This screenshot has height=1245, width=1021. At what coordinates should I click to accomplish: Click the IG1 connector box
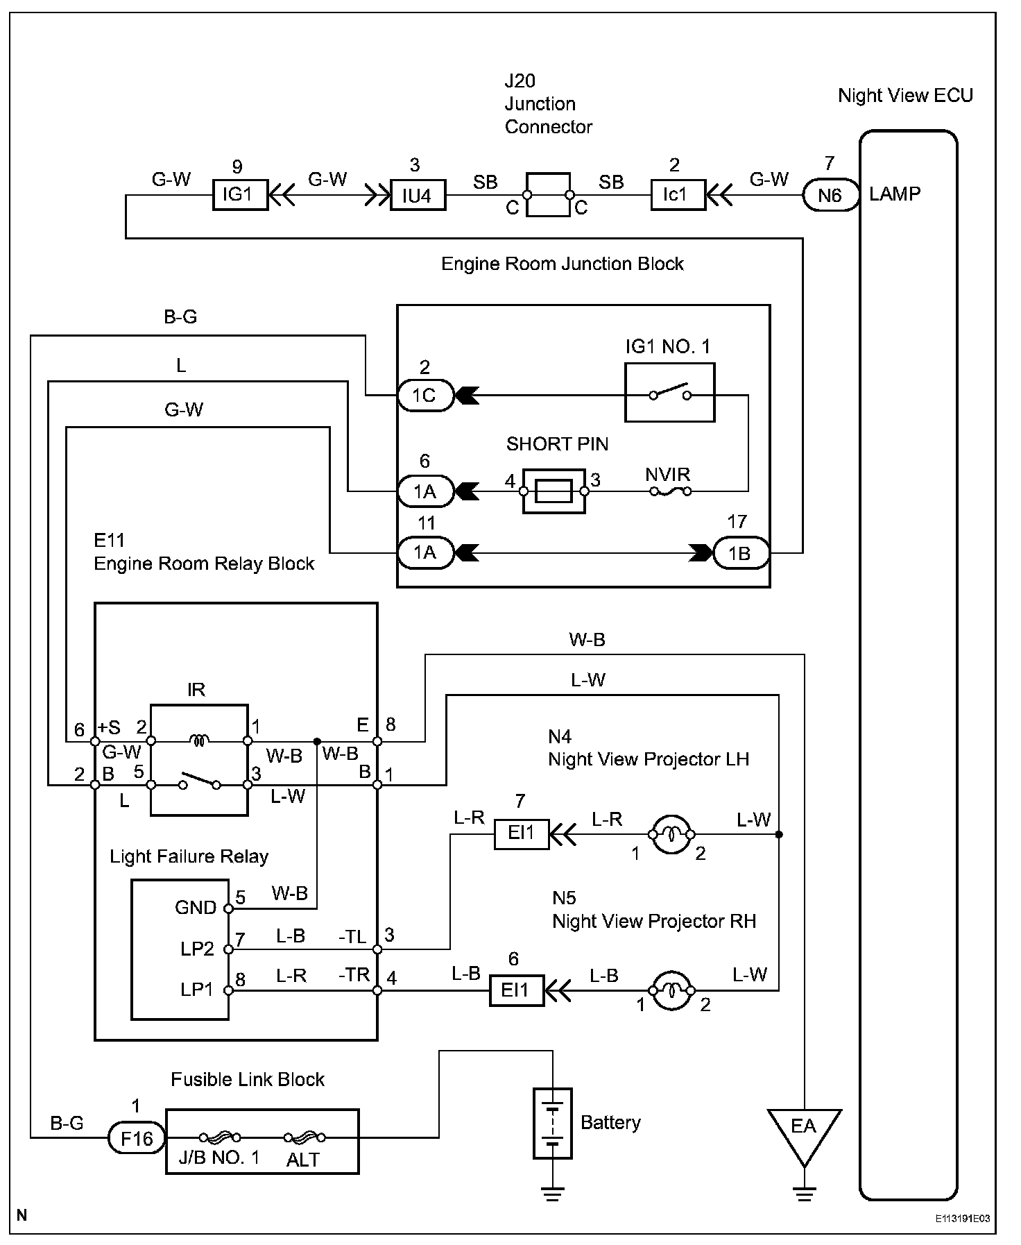(x=239, y=195)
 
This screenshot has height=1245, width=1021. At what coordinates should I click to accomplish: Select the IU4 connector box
(x=417, y=196)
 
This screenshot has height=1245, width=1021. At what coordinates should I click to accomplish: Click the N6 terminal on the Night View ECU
(x=830, y=195)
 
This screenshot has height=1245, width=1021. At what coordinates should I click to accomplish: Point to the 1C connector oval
(x=424, y=396)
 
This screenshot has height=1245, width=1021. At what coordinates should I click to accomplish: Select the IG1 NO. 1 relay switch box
(x=669, y=393)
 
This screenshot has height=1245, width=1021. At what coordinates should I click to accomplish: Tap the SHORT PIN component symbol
(x=554, y=491)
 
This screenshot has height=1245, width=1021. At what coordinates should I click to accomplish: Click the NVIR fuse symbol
(x=669, y=491)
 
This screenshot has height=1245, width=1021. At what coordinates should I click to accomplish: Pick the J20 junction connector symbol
(x=548, y=195)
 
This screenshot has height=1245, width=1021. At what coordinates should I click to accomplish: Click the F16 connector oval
(x=137, y=1138)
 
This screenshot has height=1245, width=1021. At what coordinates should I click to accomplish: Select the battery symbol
(x=553, y=1123)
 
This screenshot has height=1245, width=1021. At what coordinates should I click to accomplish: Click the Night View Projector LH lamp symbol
(x=671, y=834)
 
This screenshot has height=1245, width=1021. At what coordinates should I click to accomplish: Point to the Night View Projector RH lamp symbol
(x=671, y=990)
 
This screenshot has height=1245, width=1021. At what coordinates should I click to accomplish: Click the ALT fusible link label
(x=303, y=1160)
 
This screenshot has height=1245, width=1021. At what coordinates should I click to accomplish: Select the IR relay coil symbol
(x=200, y=741)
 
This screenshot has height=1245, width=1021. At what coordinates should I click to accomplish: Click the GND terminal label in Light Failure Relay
(x=196, y=908)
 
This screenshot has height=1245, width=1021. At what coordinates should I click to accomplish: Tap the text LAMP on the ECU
(x=895, y=194)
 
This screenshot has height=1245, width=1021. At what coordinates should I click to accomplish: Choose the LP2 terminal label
(x=197, y=949)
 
